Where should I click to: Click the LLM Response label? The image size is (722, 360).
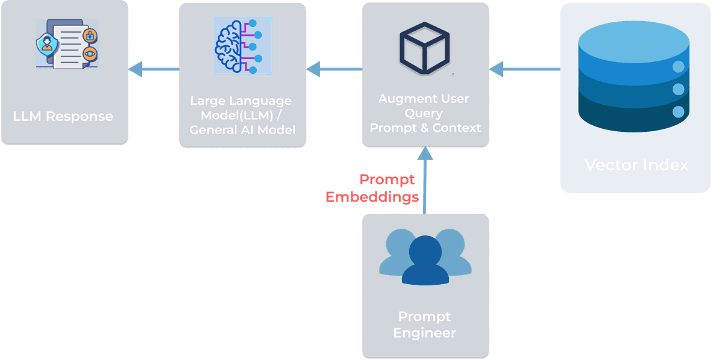[63, 116]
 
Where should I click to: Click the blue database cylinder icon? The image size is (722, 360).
[635, 78]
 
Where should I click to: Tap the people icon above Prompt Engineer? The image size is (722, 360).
[425, 255]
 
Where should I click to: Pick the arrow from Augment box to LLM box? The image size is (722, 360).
[334, 70]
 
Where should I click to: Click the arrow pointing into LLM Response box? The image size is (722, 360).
[153, 70]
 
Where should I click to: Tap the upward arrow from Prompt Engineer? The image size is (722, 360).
[425, 181]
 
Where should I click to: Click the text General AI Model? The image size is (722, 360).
[242, 129]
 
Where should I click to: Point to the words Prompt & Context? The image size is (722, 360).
[425, 128]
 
